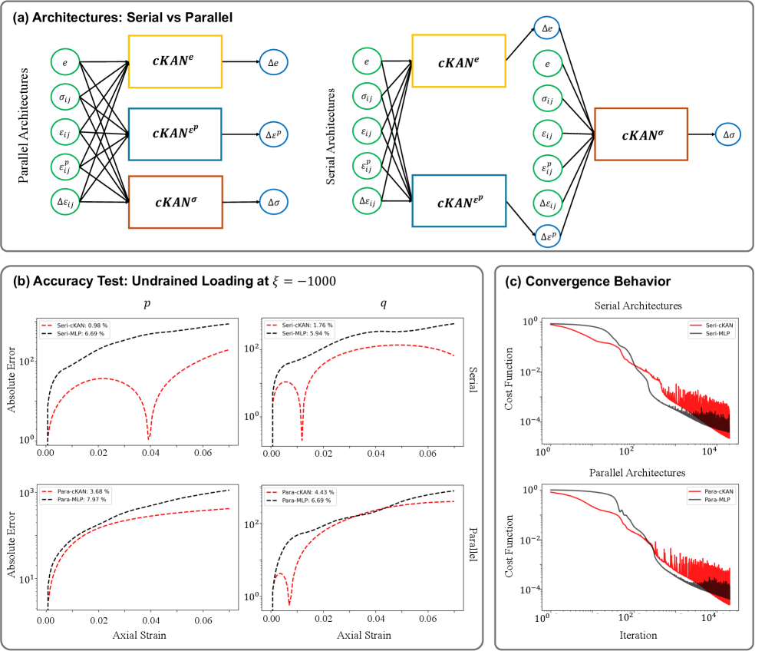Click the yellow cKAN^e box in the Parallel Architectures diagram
click(x=175, y=62)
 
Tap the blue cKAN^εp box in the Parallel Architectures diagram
click(x=175, y=134)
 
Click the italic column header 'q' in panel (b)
click(x=383, y=304)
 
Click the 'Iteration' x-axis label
click(x=638, y=636)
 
